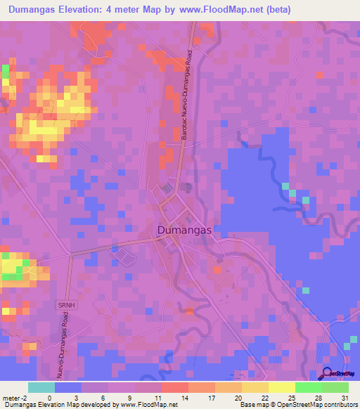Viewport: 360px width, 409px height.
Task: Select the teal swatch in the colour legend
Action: [x=41, y=387]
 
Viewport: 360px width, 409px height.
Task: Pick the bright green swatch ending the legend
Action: [x=335, y=387]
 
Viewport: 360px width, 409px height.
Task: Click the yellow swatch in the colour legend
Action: [x=282, y=387]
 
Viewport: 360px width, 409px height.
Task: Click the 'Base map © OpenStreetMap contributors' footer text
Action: [x=297, y=404]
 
